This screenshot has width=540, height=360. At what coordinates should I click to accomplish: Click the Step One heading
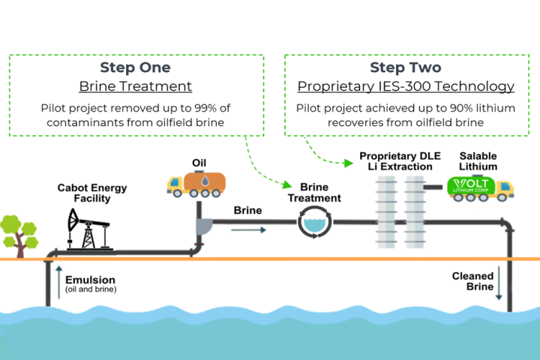pyautogui.click(x=136, y=67)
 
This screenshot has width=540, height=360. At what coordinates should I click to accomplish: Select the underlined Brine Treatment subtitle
pyautogui.click(x=136, y=86)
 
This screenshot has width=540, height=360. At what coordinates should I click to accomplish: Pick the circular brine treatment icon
pyautogui.click(x=314, y=223)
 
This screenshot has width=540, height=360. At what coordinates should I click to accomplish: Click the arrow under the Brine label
pyautogui.click(x=247, y=229)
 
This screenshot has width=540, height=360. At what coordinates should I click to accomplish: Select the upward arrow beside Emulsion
pyautogui.click(x=57, y=280)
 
